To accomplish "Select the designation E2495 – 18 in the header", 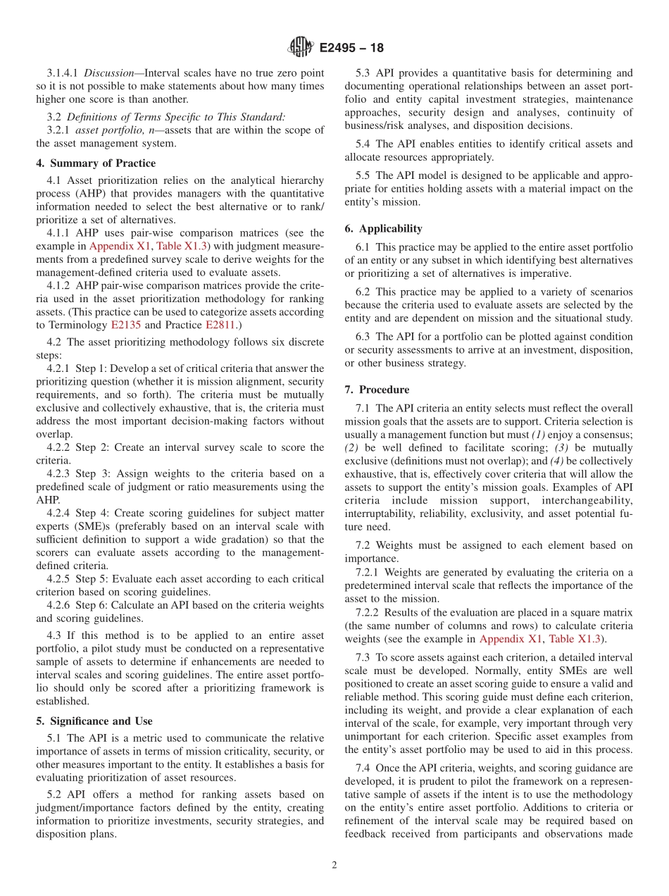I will [351, 49].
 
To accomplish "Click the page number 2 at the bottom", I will [334, 865].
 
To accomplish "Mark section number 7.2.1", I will [368, 572].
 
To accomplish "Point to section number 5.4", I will [365, 144].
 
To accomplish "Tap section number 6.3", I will [365, 337].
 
